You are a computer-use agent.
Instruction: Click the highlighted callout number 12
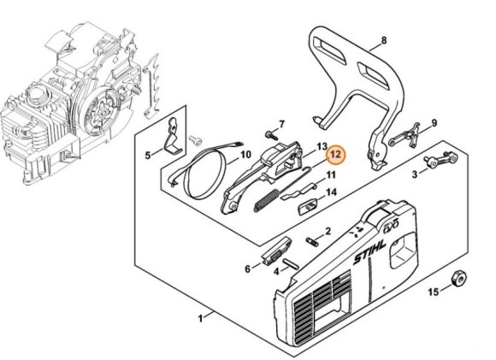coord(335,155)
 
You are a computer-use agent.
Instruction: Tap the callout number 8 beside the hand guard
coord(384,40)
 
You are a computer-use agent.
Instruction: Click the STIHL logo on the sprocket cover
coord(369,253)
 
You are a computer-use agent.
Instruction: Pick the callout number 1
coord(200,318)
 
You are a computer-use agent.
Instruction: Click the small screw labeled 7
coord(271,135)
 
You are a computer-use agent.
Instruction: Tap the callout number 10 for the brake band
coord(245,155)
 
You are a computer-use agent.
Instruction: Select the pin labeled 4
coord(291,264)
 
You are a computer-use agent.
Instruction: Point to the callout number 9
coord(434,123)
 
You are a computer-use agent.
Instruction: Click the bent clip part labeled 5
coord(172,136)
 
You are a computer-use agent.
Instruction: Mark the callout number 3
coord(415,174)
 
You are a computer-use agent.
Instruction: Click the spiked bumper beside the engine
coord(151,86)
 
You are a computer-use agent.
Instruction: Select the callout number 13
coord(322,146)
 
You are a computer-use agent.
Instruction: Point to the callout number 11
coord(331,174)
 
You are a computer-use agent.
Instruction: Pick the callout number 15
coord(434,292)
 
